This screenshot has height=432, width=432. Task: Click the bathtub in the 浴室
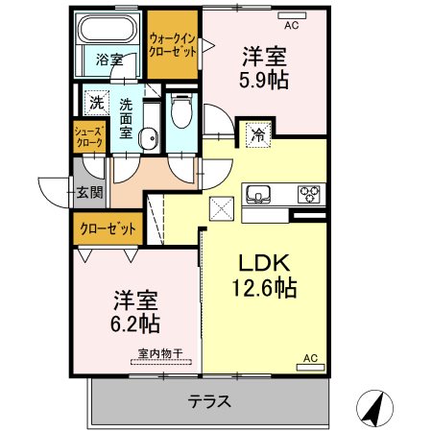(x=108, y=28)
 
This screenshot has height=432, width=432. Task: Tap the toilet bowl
(x=181, y=110)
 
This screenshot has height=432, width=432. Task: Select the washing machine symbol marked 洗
(x=96, y=103)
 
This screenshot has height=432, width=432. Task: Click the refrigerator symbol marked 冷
(x=258, y=134)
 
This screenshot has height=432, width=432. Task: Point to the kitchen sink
(x=258, y=194)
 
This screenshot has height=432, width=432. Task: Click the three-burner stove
(x=309, y=194)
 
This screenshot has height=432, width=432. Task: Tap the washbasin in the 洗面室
(x=149, y=138)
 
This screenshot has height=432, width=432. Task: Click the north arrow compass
(x=374, y=408)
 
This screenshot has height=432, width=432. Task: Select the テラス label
(x=209, y=401)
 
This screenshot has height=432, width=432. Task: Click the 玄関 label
(x=90, y=192)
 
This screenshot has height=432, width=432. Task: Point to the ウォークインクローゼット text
(x=173, y=45)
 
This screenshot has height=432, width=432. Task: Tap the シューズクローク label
(x=89, y=136)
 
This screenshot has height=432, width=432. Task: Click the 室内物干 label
(x=160, y=353)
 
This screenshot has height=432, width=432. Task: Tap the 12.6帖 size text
(x=264, y=288)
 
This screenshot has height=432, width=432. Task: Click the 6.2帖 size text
(x=135, y=324)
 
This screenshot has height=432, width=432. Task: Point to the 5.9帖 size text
(x=264, y=80)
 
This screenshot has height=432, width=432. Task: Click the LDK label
(x=265, y=263)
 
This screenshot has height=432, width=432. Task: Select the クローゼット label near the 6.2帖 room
(x=108, y=228)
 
